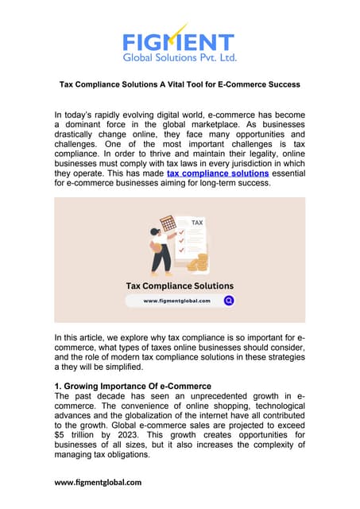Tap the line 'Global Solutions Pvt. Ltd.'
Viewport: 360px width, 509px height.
179,57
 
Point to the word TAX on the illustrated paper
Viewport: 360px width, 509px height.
196,223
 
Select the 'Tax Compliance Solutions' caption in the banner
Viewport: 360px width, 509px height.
180,285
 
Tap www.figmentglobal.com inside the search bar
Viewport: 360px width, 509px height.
176,301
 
